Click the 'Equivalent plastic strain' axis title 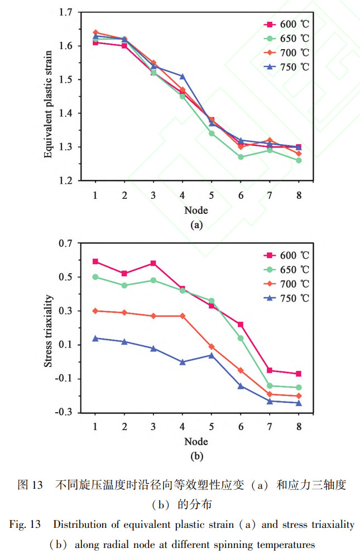click(49, 96)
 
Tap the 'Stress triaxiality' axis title click(49, 330)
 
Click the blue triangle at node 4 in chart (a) click(183, 76)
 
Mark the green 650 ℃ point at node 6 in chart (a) click(241, 157)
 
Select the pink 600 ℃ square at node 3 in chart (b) click(153, 263)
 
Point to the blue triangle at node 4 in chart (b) click(183, 362)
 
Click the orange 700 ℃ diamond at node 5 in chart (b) click(212, 346)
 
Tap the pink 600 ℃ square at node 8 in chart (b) click(299, 374)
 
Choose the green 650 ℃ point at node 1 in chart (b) click(95, 276)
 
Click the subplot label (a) click(196, 225)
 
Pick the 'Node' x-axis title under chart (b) click(196, 441)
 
